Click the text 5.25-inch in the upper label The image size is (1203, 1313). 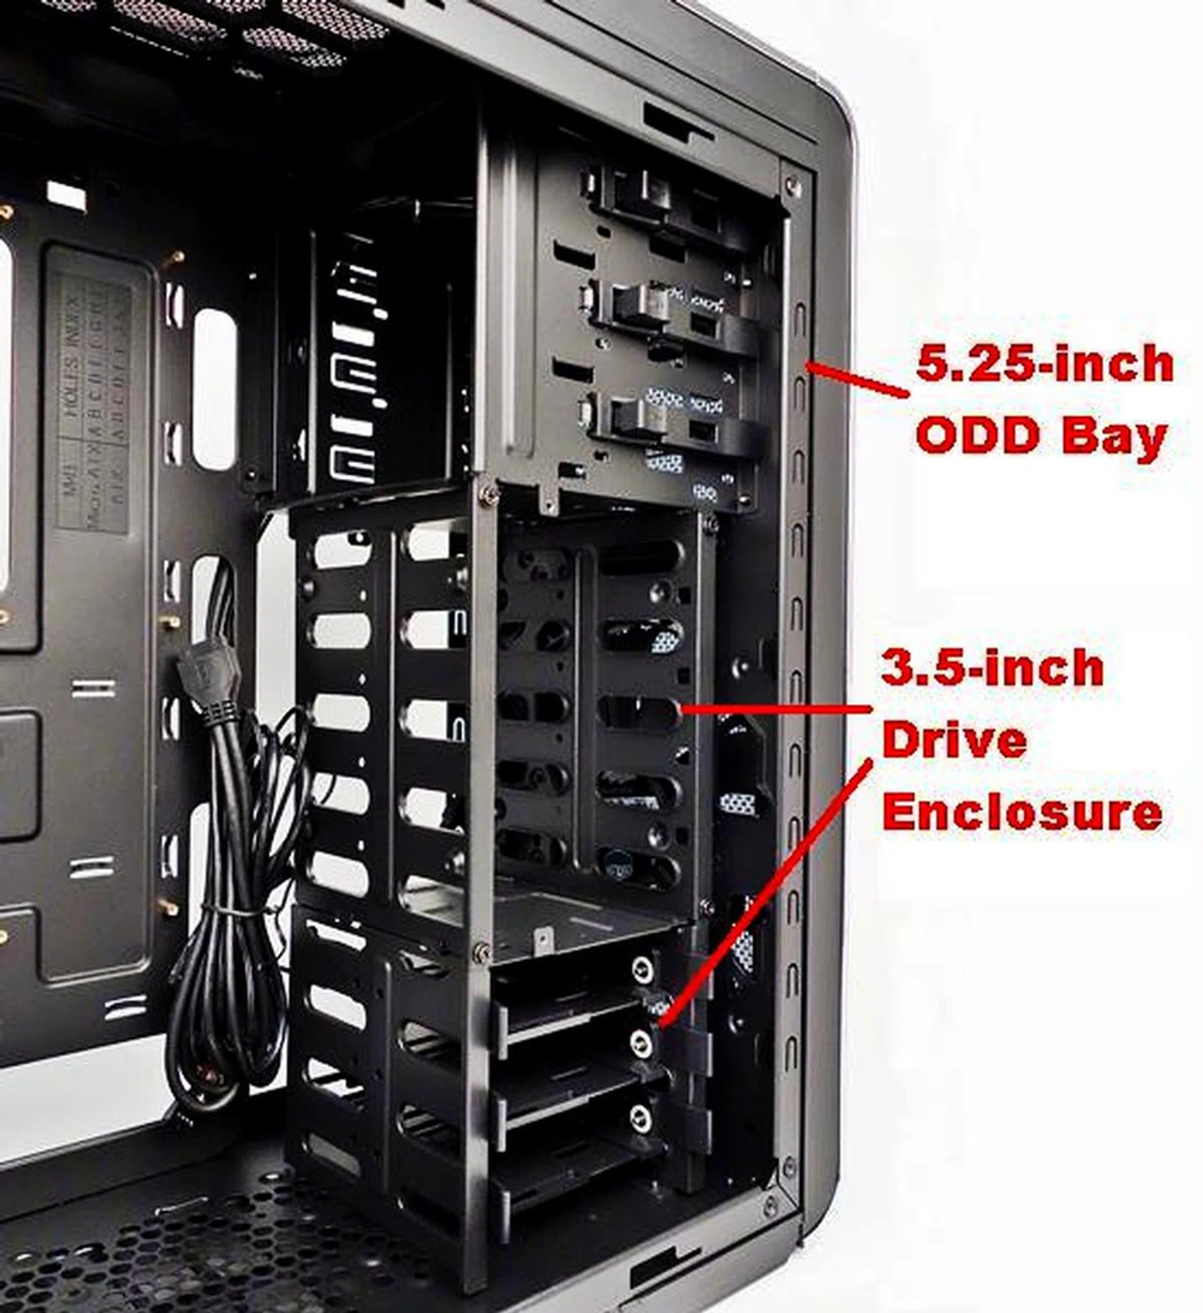(x=1043, y=365)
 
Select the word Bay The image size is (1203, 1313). (x=1114, y=438)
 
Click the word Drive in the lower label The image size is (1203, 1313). (x=954, y=741)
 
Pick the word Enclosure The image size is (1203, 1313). (x=1022, y=812)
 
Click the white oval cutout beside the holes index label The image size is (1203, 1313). (x=214, y=389)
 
